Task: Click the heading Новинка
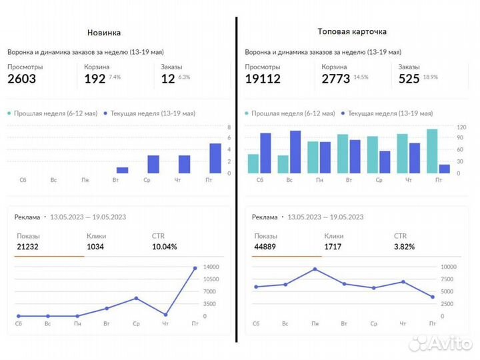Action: click(x=104, y=33)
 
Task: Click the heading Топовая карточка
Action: click(x=353, y=31)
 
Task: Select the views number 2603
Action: click(x=21, y=79)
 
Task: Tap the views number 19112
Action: click(x=263, y=79)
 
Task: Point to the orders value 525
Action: click(x=409, y=79)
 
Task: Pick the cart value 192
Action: click(x=95, y=79)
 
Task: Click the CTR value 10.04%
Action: click(x=165, y=247)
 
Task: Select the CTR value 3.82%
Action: click(x=405, y=247)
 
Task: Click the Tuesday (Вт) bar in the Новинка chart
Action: click(x=122, y=170)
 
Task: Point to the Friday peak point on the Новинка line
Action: click(x=195, y=268)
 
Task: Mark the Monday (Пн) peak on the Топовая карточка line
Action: click(x=314, y=269)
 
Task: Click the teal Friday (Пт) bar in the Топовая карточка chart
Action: click(x=432, y=151)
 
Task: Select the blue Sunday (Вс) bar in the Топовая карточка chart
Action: click(x=295, y=152)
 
